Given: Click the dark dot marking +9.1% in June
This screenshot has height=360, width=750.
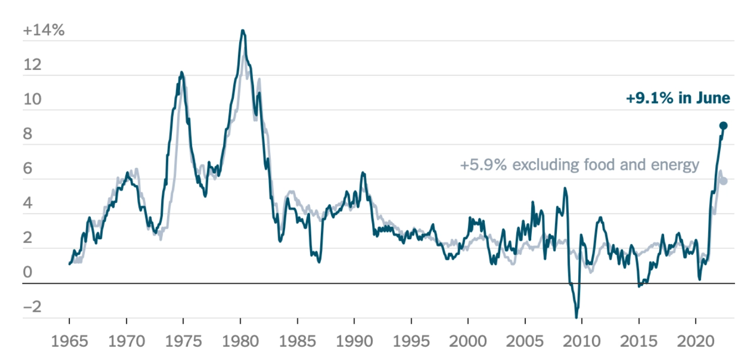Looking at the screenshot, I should click(723, 126).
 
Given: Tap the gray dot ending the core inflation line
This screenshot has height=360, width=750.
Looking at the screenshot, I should click(723, 181).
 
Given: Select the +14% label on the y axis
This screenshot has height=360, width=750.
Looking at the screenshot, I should click(43, 30).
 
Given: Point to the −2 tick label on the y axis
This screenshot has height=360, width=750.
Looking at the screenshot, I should click(31, 308).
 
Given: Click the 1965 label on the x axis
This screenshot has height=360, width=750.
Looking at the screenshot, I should click(69, 341).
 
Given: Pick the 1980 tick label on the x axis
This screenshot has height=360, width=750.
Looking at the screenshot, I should click(240, 341).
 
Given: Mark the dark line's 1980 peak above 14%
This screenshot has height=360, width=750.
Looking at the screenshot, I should click(242, 30).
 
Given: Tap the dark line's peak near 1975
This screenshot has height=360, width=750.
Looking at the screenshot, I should click(181, 72).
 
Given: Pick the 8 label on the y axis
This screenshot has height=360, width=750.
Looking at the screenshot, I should click(27, 134).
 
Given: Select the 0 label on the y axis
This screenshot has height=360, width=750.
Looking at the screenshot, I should click(27, 273).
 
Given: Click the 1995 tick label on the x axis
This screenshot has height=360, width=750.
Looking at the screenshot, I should click(411, 341).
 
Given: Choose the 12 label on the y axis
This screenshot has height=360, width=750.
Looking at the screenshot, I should click(31, 65).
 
